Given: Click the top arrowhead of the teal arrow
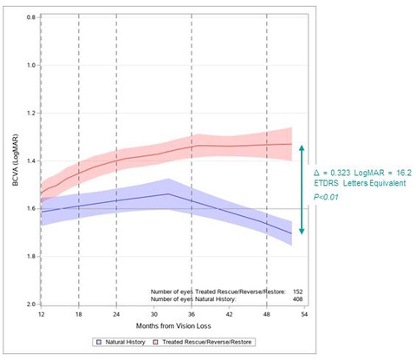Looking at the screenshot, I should (301, 147).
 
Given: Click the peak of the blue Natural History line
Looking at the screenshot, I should (167, 193).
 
